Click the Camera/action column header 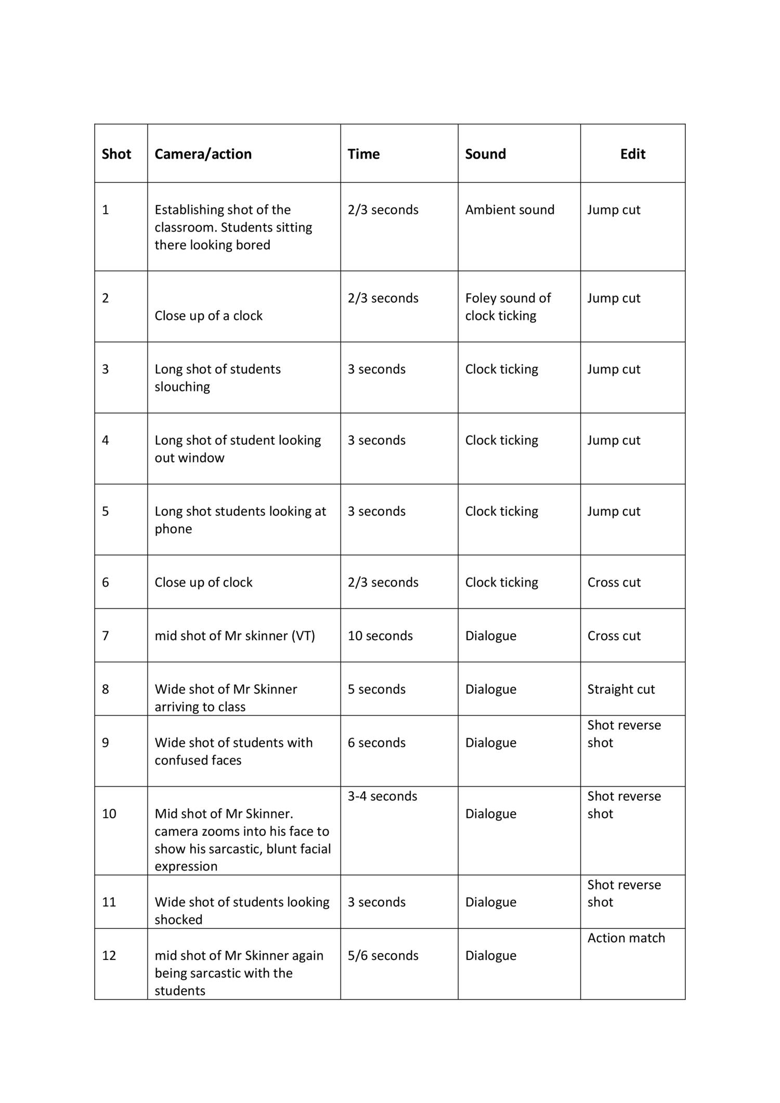point(203,154)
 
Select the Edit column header point(632,154)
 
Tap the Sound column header point(485,154)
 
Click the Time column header point(363,154)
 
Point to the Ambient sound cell point(510,210)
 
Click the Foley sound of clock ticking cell point(508,307)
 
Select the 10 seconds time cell point(380,635)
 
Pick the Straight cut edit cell point(621,689)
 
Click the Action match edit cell point(626,938)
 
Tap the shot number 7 point(106,635)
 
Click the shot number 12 point(109,955)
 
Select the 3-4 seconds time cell point(382,796)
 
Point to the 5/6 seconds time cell point(383,955)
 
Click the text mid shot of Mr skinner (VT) point(235,635)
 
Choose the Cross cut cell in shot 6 point(614,582)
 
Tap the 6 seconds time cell point(376,743)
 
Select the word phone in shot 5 point(173,529)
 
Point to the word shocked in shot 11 point(178,919)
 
